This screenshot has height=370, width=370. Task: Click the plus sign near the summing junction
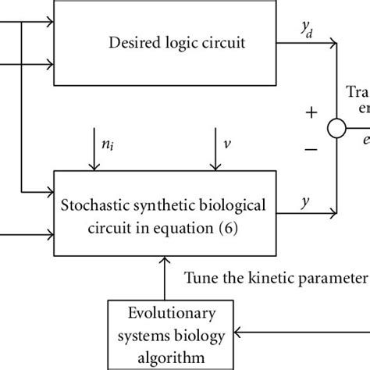click(311, 112)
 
